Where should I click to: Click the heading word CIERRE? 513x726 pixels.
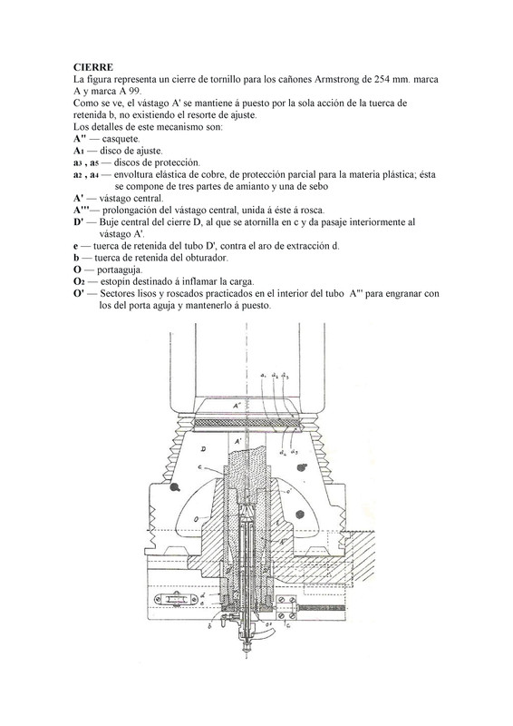click(93, 67)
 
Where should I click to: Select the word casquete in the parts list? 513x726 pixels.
click(121, 139)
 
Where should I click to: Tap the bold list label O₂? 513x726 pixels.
click(78, 282)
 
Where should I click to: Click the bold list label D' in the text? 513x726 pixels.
click(78, 221)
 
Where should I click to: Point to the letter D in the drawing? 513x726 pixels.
click(204, 448)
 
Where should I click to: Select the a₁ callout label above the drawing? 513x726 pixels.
click(263, 376)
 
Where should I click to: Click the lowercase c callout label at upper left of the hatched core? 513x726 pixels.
click(199, 467)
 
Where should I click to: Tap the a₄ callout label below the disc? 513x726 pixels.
click(282, 452)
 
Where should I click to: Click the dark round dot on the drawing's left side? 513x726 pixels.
click(175, 486)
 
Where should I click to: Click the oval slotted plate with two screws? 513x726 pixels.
click(173, 600)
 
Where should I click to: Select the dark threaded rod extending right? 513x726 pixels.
click(322, 607)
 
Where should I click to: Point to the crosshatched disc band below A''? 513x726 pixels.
click(247, 423)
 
